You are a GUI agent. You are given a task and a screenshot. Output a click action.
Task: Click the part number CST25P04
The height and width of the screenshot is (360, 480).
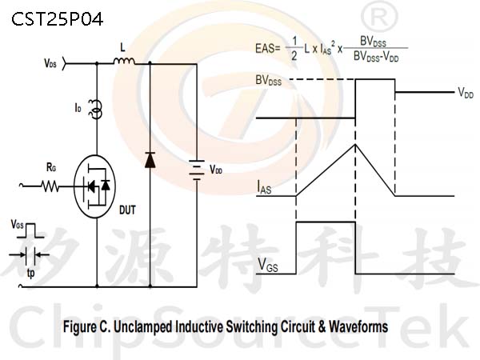(x=58, y=19)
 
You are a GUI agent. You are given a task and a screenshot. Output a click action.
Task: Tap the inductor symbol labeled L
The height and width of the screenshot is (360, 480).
(x=124, y=62)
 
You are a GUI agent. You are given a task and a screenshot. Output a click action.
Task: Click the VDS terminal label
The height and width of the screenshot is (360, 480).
(x=50, y=63)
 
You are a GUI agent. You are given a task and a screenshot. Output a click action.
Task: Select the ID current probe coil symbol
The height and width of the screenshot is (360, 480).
(x=95, y=110)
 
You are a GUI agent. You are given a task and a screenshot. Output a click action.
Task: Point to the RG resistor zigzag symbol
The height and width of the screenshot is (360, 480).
(x=50, y=186)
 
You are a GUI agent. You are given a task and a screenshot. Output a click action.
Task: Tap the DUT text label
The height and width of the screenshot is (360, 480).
(x=127, y=210)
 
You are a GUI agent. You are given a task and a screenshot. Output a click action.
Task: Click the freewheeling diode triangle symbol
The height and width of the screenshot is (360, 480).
(x=150, y=160)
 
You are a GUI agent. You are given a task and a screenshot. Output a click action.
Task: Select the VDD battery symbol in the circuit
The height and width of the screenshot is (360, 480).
(x=197, y=170)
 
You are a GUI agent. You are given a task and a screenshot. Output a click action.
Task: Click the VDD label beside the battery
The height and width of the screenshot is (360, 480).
(x=216, y=170)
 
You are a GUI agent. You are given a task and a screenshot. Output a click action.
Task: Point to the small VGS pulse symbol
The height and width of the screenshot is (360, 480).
(x=30, y=230)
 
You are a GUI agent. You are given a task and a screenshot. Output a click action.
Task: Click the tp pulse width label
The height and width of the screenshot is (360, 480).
(x=30, y=273)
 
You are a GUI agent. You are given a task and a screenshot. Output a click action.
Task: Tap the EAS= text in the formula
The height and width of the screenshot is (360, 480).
(x=268, y=48)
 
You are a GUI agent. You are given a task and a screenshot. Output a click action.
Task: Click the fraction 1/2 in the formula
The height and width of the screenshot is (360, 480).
(x=294, y=48)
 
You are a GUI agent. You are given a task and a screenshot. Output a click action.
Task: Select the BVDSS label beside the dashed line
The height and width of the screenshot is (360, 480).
(x=269, y=80)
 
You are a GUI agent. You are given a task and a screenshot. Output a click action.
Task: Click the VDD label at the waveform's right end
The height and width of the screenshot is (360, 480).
(x=466, y=92)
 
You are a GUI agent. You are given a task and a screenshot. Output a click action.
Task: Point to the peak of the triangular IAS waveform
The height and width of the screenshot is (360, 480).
(x=355, y=144)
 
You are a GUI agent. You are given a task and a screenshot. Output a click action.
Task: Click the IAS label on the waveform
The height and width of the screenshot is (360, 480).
(x=264, y=187)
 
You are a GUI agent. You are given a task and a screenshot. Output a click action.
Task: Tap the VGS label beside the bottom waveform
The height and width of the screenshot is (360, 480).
(x=268, y=265)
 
